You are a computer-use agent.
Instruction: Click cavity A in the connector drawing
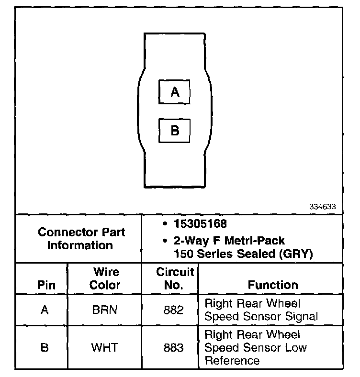pos(175,92)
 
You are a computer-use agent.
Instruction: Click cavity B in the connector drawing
pos(175,130)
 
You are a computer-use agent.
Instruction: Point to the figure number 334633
pos(323,207)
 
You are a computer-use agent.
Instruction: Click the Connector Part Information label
pos(81,239)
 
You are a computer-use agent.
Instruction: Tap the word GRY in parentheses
pos(298,254)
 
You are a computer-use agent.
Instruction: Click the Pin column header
pos(46,285)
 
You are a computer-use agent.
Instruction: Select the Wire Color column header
pos(105,278)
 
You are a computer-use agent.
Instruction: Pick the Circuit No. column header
pos(175,278)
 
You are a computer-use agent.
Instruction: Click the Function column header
pos(273,285)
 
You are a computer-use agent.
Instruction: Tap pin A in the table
pos(45,310)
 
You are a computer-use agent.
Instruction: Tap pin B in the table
pos(45,347)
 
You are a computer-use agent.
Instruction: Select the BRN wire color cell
pos(105,310)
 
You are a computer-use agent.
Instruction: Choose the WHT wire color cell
pos(105,347)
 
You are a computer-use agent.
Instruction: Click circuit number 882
pos(173,310)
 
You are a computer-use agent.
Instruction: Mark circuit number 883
pos(173,347)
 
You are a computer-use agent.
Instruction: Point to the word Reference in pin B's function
pos(232,360)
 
